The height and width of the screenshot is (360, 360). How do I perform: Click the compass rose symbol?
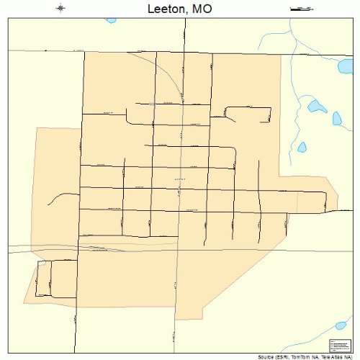tap(60, 9)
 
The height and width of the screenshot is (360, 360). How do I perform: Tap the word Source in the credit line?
tap(266, 357)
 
